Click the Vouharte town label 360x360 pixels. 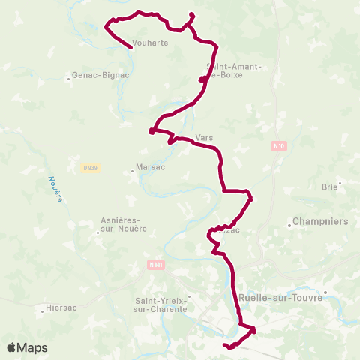coord(149,43)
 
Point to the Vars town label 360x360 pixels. coord(204,138)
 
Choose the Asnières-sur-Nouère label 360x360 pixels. coord(124,224)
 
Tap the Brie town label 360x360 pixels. coord(329,187)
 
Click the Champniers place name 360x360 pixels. coord(320,222)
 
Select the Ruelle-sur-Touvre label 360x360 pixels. coord(280,297)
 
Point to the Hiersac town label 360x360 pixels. coord(62,307)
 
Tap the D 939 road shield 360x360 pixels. coord(90,168)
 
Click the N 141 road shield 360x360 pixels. coord(155,265)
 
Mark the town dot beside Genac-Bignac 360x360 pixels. coord(67,76)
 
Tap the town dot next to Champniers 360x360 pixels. coord(289,222)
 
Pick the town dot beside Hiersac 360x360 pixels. coord(43,307)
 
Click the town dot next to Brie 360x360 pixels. coord(340,182)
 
